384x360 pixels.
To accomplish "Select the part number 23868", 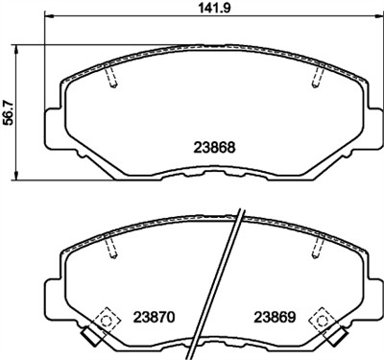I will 209,149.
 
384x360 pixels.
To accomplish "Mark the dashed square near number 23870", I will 106,314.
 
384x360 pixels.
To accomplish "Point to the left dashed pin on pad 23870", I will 111,249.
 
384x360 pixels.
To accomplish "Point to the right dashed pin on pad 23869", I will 314,249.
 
